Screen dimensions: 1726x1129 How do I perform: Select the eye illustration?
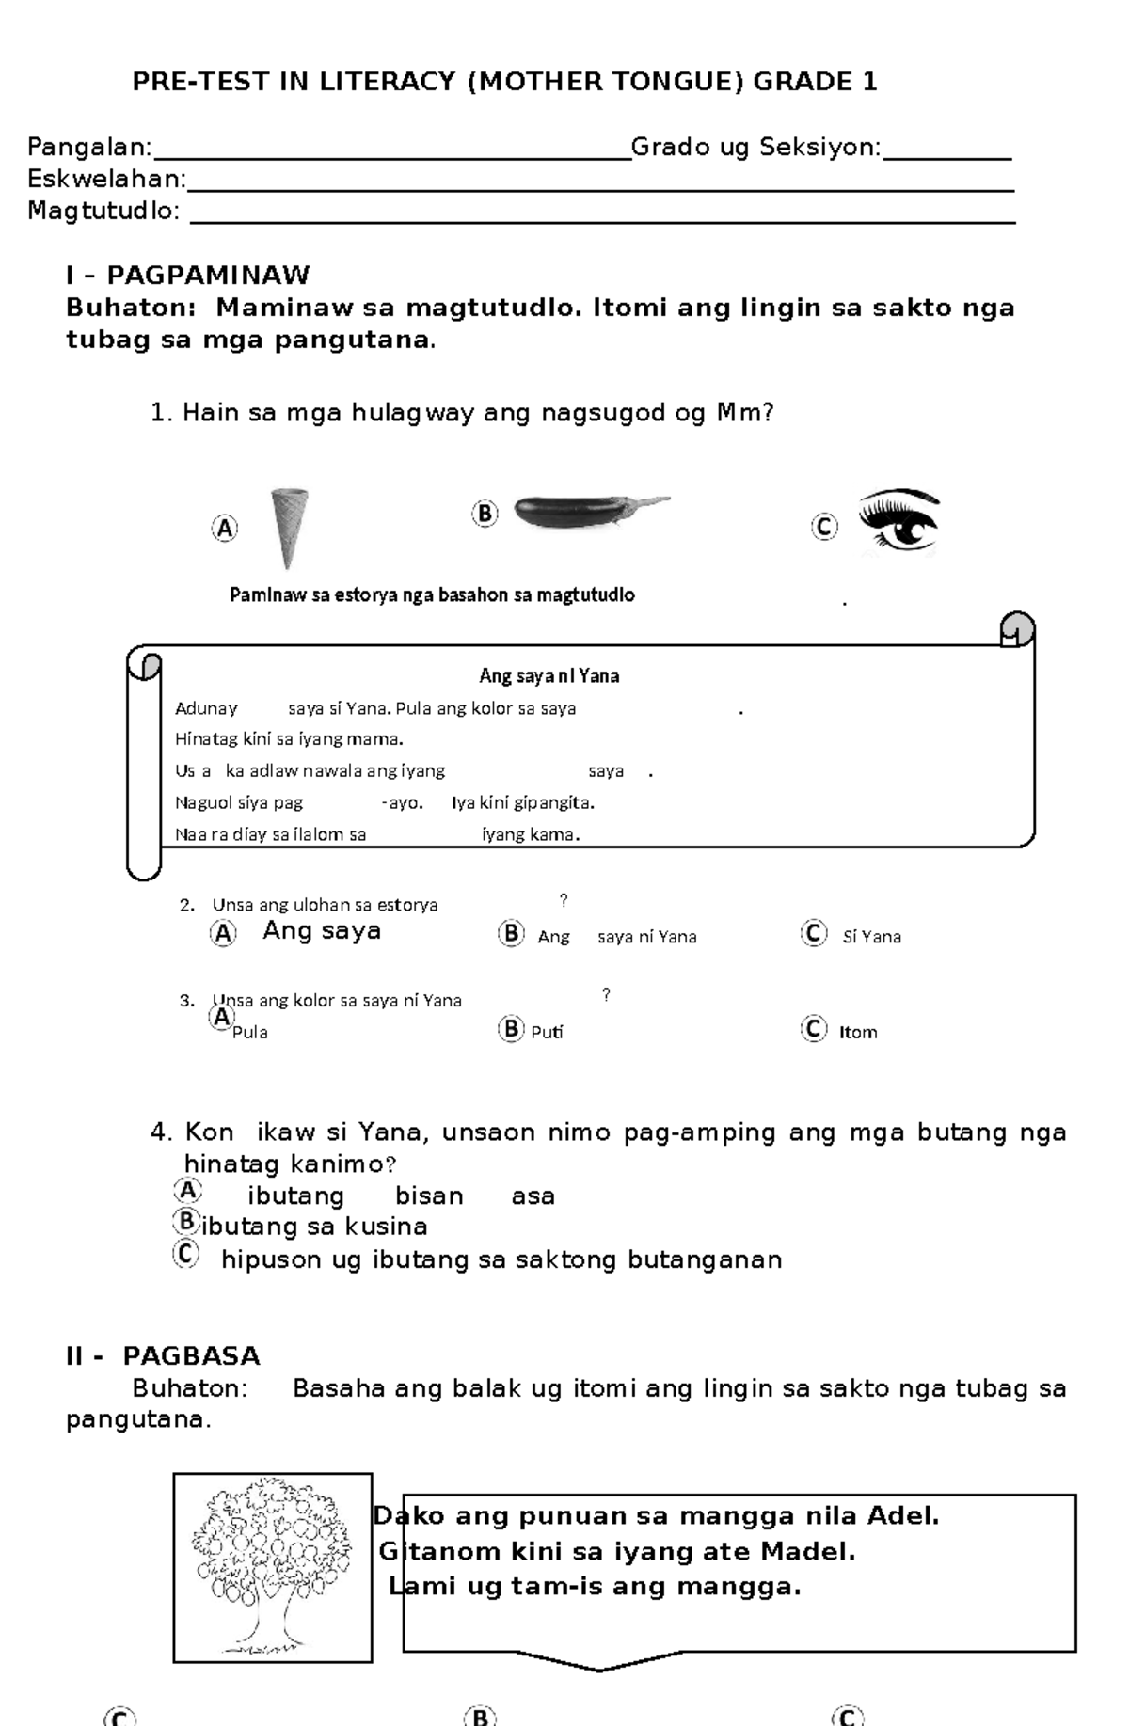(x=899, y=521)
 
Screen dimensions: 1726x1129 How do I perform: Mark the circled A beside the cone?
(x=224, y=529)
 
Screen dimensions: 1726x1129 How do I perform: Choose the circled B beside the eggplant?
(x=485, y=514)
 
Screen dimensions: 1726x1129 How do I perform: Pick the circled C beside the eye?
(x=824, y=527)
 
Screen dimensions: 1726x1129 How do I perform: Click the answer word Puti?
(x=547, y=1032)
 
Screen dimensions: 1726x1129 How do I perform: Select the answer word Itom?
(x=858, y=1032)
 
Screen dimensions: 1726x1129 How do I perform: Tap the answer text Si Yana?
(x=871, y=937)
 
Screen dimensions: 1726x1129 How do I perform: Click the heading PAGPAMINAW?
(x=208, y=276)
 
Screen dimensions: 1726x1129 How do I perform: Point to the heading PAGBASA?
(x=191, y=1355)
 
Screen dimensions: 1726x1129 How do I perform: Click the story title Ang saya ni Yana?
(x=549, y=675)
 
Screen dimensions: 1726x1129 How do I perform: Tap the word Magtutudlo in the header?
(x=103, y=211)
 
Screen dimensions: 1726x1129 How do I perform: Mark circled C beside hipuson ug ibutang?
(x=187, y=1254)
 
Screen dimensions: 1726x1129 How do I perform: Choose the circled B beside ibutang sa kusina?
(x=186, y=1222)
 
